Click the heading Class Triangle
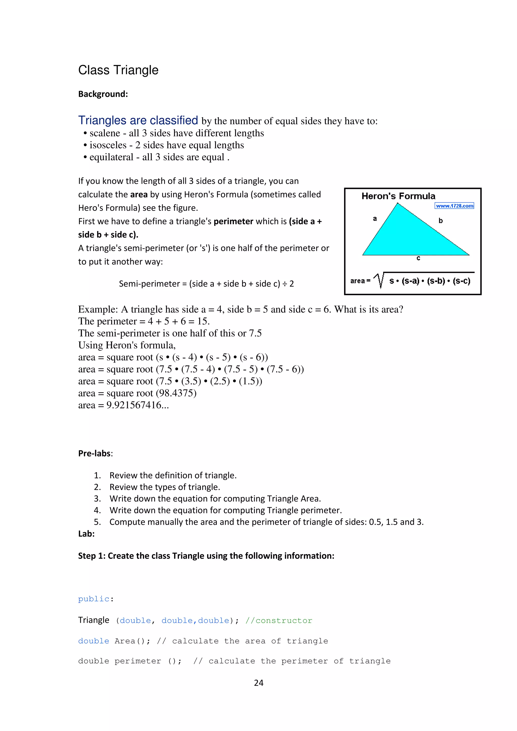point(118,70)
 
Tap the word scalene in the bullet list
point(105,133)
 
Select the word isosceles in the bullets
point(108,145)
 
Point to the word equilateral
point(111,157)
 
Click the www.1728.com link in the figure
point(454,206)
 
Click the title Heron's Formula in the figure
point(398,196)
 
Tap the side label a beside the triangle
point(375,219)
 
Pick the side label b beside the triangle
point(441,221)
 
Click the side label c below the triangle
point(418,258)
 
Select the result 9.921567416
point(134,405)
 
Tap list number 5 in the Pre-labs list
point(97,522)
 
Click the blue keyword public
point(94,599)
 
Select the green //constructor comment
point(279,621)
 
